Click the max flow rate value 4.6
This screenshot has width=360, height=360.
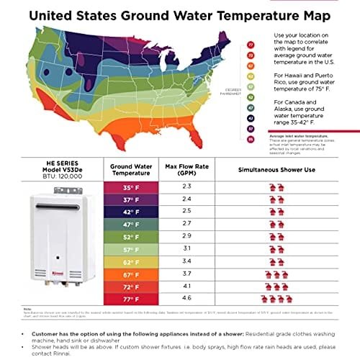[187, 298]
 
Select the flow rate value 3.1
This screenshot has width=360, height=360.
[187, 248]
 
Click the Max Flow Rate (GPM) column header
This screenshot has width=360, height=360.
[187, 168]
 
